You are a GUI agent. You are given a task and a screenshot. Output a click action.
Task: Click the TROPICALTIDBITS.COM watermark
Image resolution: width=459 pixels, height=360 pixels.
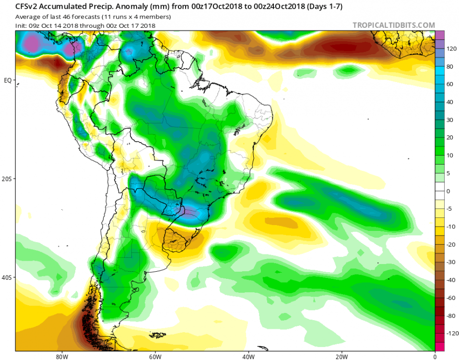pyautogui.click(x=394, y=25)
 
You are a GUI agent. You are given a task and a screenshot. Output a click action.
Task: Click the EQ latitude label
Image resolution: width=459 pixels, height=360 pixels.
pyautogui.click(x=8, y=80)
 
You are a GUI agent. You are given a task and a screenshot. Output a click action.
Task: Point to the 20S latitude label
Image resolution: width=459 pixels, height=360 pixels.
pyautogui.click(x=8, y=179)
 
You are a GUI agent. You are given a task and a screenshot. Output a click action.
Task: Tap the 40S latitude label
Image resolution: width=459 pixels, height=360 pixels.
pyautogui.click(x=8, y=277)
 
